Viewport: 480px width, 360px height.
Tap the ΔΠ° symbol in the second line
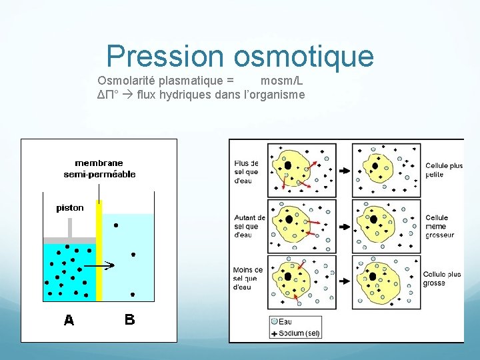coord(107,95)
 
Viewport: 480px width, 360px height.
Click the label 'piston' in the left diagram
coord(70,208)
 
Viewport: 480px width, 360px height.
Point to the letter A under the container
coord(69,321)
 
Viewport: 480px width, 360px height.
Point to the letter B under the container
coord(129,320)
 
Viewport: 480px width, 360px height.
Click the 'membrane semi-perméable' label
coord(99,169)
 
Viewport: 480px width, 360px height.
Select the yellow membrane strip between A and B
coord(99,253)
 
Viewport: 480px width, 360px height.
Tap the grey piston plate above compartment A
coord(70,240)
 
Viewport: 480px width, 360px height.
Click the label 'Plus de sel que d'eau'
coord(247,171)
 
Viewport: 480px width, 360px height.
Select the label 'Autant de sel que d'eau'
coord(249,226)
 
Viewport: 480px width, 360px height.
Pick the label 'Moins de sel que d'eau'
coord(247,279)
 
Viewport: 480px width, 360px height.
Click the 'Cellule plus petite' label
coord(443,170)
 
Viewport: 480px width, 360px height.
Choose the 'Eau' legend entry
coord(285,321)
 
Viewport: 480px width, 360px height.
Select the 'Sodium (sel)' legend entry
coord(299,333)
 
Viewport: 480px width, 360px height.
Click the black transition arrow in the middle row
coord(344,226)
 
